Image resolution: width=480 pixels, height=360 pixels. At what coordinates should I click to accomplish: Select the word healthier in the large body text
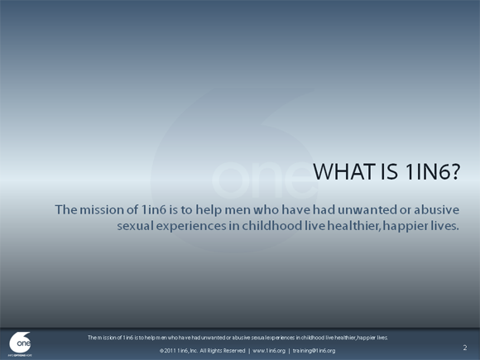click(354, 227)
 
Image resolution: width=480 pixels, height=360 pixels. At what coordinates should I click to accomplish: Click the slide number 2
click(464, 348)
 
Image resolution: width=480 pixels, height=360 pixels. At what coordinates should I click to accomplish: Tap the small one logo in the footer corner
click(21, 342)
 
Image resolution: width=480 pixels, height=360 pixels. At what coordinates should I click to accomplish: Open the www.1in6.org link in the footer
click(268, 351)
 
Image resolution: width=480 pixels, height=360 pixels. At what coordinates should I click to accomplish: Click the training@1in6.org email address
click(314, 351)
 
